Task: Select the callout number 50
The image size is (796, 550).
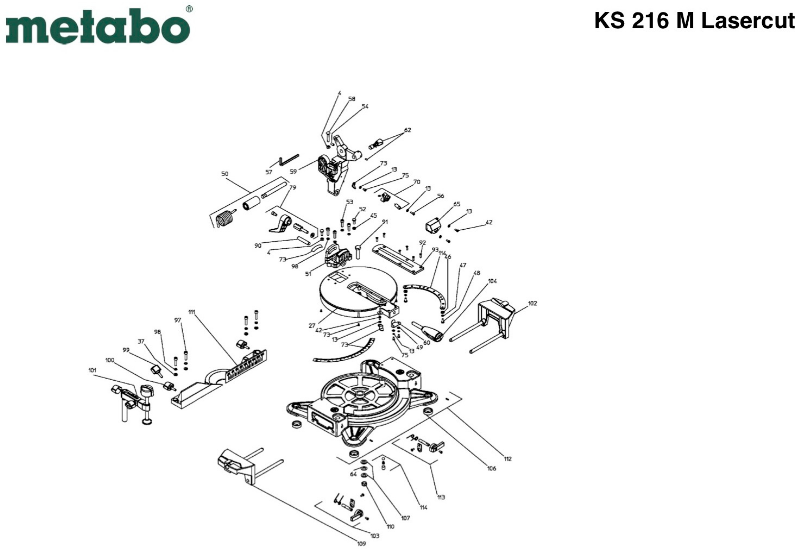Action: (225, 174)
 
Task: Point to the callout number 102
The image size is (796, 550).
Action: (532, 303)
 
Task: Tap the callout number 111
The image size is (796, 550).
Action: (192, 312)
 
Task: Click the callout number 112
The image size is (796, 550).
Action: (508, 459)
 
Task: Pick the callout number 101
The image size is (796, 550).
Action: (92, 370)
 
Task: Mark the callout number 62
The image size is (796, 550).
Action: (407, 130)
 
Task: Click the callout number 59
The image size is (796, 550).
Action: (293, 172)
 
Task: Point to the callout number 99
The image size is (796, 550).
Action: (126, 350)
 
